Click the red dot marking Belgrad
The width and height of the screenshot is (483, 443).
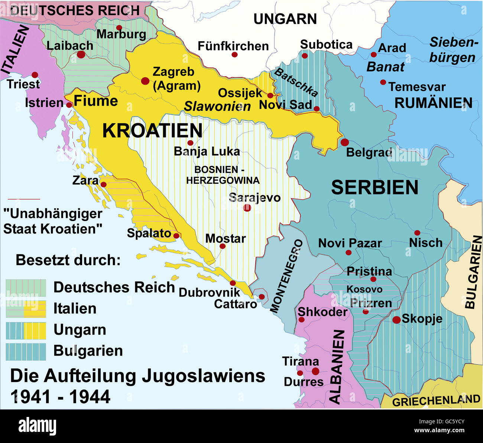pos(344,142)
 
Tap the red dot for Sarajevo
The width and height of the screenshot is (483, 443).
pos(247,208)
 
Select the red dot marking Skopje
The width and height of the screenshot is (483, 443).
pos(396,320)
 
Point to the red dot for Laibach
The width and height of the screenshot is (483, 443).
pos(81,55)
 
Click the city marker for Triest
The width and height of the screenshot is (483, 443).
pos(35,75)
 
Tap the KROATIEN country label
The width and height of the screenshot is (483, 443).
pos(152,131)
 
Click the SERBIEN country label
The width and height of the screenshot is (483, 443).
pos(375,187)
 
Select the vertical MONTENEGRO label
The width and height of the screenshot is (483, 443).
pos(286,276)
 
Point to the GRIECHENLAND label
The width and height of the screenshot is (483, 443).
pos(436,401)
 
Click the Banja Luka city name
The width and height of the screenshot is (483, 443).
pos(207,152)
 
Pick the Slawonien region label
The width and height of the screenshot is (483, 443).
pos(217,107)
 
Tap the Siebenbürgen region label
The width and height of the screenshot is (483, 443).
pos(453,50)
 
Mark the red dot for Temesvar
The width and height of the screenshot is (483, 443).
pos(383,82)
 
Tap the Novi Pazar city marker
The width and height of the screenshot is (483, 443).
pos(349,253)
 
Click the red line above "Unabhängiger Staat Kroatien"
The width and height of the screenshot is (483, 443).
pos(24,199)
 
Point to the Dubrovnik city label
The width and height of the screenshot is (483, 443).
pos(210,292)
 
